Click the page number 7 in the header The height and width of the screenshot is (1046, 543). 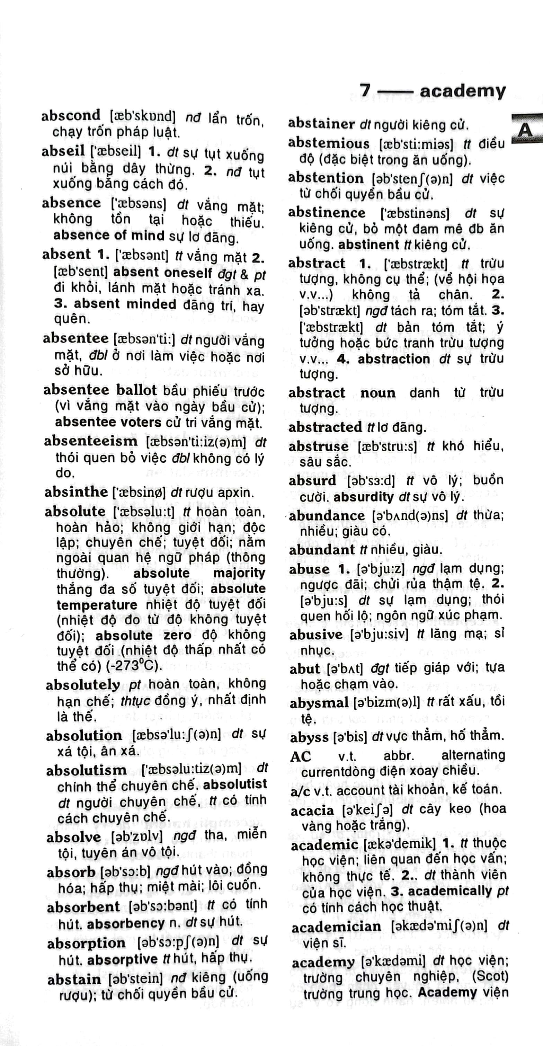tap(365, 90)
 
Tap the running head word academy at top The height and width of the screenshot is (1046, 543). tap(463, 91)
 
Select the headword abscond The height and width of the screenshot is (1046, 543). tap(71, 116)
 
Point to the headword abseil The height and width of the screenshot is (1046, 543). tap(63, 151)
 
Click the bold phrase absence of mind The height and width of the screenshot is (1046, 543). tap(109, 236)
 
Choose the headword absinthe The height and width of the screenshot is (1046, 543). tap(76, 492)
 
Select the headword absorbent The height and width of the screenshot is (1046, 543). tap(83, 907)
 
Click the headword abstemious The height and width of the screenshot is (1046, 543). tap(329, 143)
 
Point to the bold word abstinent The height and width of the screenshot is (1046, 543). tap(368, 245)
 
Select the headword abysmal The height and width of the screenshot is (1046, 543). tap(319, 703)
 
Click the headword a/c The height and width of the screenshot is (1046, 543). tap(300, 790)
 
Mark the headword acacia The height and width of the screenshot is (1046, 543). tap(312, 810)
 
